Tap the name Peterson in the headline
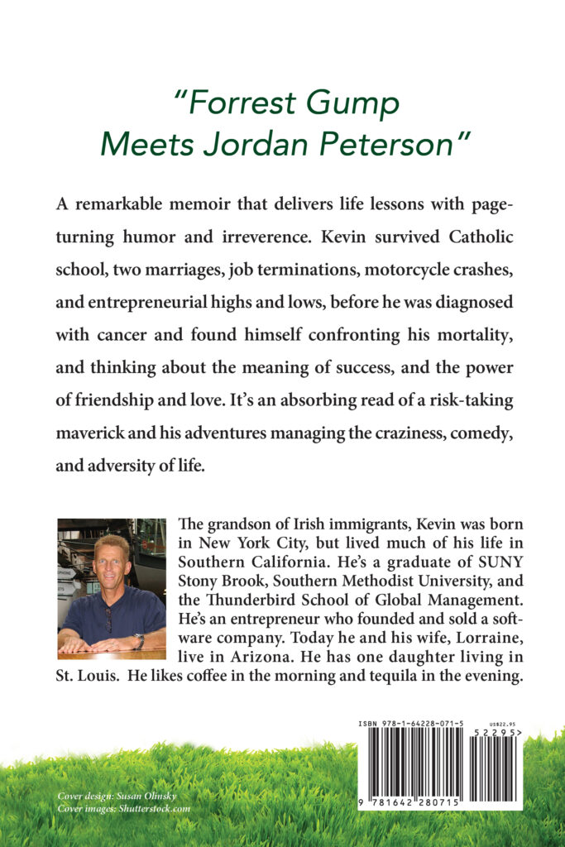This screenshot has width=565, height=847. pyautogui.click(x=394, y=145)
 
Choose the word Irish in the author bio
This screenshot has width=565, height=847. pyautogui.click(x=323, y=526)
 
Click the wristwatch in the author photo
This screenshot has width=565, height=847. pyautogui.click(x=140, y=639)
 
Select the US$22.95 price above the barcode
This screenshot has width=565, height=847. pyautogui.click(x=499, y=722)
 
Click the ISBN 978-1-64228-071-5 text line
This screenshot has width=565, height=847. pyautogui.click(x=410, y=724)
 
